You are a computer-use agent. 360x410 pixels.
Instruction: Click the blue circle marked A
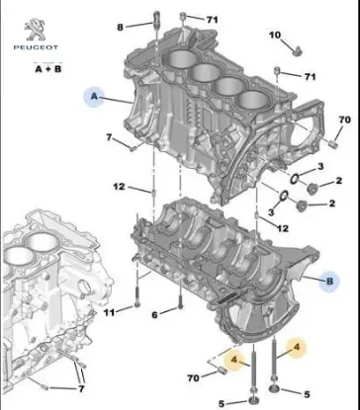[96, 97]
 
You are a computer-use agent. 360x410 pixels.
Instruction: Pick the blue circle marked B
[330, 280]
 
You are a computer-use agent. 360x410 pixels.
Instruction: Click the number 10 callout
[275, 36]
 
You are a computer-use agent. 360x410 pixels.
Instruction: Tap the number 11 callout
[110, 314]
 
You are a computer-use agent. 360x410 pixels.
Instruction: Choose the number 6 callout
[154, 314]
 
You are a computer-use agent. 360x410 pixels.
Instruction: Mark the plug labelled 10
[296, 48]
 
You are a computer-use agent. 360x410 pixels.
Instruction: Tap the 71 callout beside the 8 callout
[212, 20]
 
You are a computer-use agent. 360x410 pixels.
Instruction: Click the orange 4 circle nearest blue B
[292, 347]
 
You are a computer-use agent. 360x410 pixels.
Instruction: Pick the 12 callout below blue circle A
[119, 187]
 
